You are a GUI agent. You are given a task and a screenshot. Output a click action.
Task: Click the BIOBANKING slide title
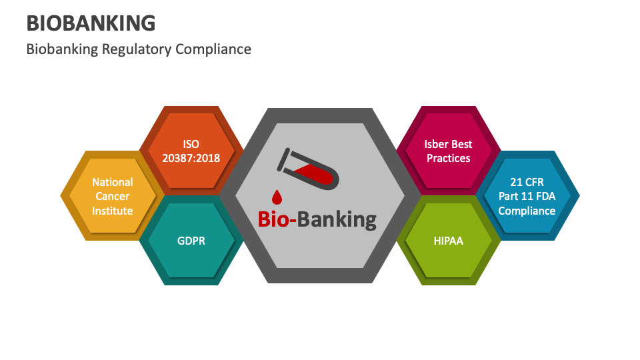coord(91,23)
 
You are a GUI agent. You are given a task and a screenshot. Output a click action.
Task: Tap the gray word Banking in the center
coord(337,219)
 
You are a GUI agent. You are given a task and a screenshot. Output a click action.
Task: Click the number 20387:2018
coord(191,158)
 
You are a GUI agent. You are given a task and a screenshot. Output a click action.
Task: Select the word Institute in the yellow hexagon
coord(113,211)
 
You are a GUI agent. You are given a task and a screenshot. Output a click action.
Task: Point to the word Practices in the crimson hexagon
coord(448,158)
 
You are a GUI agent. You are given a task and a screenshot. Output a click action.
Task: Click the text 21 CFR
coord(527,181)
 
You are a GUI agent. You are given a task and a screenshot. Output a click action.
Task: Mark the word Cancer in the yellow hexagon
coord(113,196)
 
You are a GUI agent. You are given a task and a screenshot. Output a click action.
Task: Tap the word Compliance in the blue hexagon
coord(527,211)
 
